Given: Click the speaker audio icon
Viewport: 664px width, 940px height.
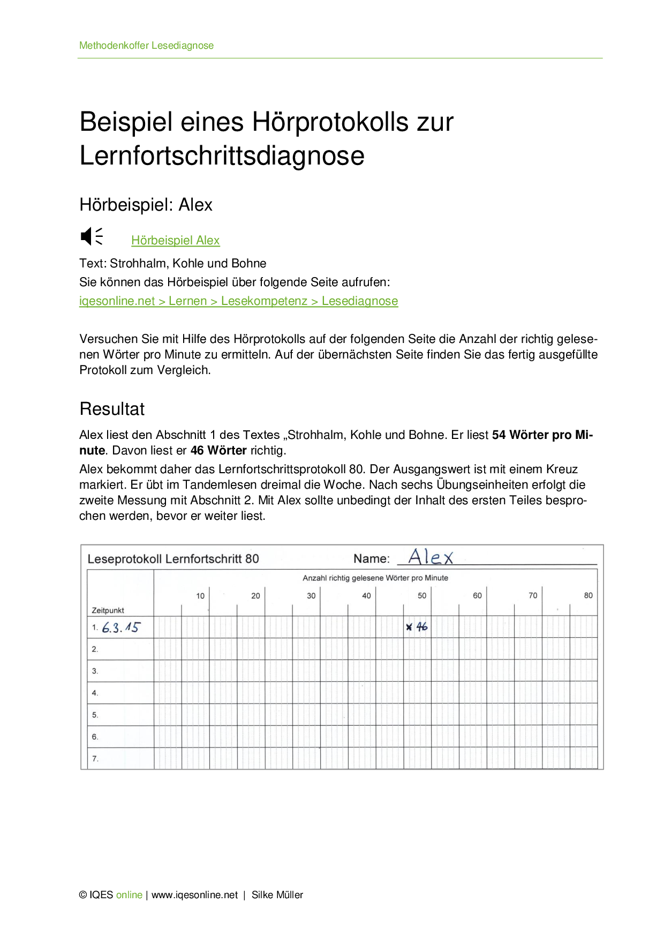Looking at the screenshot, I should [91, 236].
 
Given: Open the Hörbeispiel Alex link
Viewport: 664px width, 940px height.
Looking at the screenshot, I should [175, 241].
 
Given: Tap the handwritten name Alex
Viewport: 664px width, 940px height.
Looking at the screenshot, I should [431, 557].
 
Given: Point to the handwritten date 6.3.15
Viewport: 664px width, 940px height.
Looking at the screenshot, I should [120, 628].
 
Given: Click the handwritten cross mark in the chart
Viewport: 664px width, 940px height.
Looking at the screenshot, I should [409, 627].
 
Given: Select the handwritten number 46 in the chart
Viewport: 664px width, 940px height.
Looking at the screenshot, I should [422, 626].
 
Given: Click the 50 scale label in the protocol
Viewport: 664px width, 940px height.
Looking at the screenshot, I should [422, 595].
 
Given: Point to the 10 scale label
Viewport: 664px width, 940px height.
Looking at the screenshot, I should [200, 596].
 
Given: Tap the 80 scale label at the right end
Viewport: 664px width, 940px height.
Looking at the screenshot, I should [588, 595].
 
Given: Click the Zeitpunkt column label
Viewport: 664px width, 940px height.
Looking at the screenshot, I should [108, 610].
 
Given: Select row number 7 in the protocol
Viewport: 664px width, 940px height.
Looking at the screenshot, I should [95, 758].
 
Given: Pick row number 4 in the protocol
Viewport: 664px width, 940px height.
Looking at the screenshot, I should [95, 693].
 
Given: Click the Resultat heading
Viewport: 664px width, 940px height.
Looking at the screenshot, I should [112, 409].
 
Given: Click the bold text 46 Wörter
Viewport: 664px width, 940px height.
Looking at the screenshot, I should [218, 451].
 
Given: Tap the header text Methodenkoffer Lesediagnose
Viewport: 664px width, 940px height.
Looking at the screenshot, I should [146, 46].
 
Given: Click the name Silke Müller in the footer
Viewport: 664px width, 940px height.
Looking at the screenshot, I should [277, 895].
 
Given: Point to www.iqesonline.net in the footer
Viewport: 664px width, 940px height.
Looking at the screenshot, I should [194, 895].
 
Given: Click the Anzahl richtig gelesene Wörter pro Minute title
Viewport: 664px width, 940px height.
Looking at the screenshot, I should [375, 578].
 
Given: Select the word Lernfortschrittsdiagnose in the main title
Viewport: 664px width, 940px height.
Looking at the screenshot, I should [222, 156].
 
